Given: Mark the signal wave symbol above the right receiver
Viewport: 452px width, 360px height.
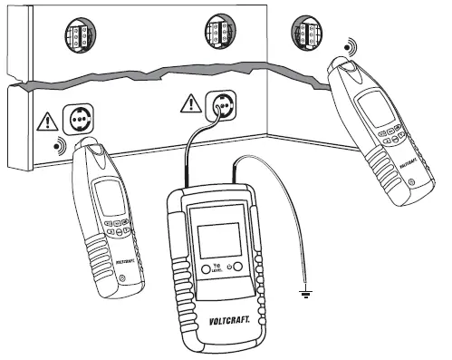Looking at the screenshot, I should click(x=349, y=45).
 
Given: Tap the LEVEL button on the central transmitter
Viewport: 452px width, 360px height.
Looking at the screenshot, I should click(x=207, y=269).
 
